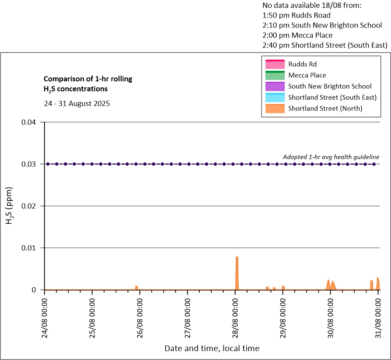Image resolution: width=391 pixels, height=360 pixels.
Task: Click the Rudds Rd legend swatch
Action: [x=274, y=64]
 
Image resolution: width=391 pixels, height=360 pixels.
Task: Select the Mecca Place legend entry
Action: [x=307, y=75]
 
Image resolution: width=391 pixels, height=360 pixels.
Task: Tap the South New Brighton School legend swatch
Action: [x=274, y=86]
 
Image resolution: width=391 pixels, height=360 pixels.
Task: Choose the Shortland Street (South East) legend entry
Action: [x=332, y=97]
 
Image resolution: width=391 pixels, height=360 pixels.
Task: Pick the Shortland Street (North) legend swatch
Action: [x=274, y=108]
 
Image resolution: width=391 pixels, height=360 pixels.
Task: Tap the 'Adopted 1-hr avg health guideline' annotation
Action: [x=331, y=157]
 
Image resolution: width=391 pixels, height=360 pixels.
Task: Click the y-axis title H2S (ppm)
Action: [x=9, y=205]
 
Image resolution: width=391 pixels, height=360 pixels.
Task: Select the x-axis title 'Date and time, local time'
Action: [x=212, y=348]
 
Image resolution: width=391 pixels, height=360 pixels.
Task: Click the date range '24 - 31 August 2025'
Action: [x=77, y=104]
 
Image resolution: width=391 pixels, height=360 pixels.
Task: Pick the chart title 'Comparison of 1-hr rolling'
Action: [x=87, y=79]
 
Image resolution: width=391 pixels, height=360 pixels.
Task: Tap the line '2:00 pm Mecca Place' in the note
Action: [x=297, y=35]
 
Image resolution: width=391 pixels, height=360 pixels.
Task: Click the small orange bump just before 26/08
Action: [x=136, y=287]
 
